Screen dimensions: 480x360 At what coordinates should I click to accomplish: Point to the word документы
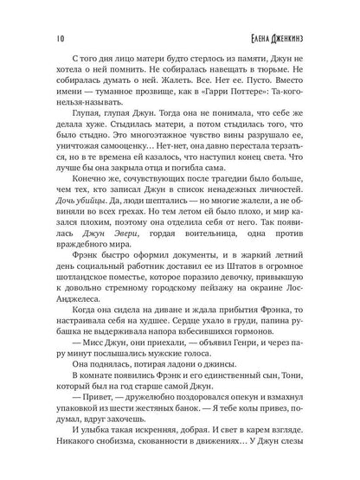pos(203,308)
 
